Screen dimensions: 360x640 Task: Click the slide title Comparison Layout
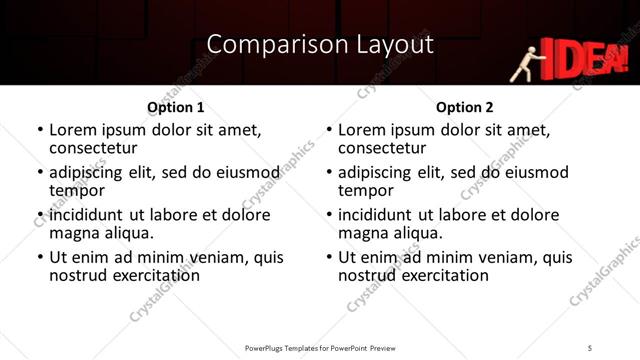click(320, 44)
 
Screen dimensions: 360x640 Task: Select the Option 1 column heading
click(176, 107)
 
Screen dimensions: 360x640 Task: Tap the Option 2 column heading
click(464, 107)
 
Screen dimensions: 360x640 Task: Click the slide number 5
click(590, 347)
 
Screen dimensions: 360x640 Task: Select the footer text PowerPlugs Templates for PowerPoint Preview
click(320, 347)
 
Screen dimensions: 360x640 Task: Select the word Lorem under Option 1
click(74, 130)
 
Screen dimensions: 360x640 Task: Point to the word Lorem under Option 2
click(362, 130)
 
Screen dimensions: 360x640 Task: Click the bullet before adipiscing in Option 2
click(329, 173)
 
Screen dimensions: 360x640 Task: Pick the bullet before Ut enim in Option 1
click(41, 258)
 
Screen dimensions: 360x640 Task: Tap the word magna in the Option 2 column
click(363, 233)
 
